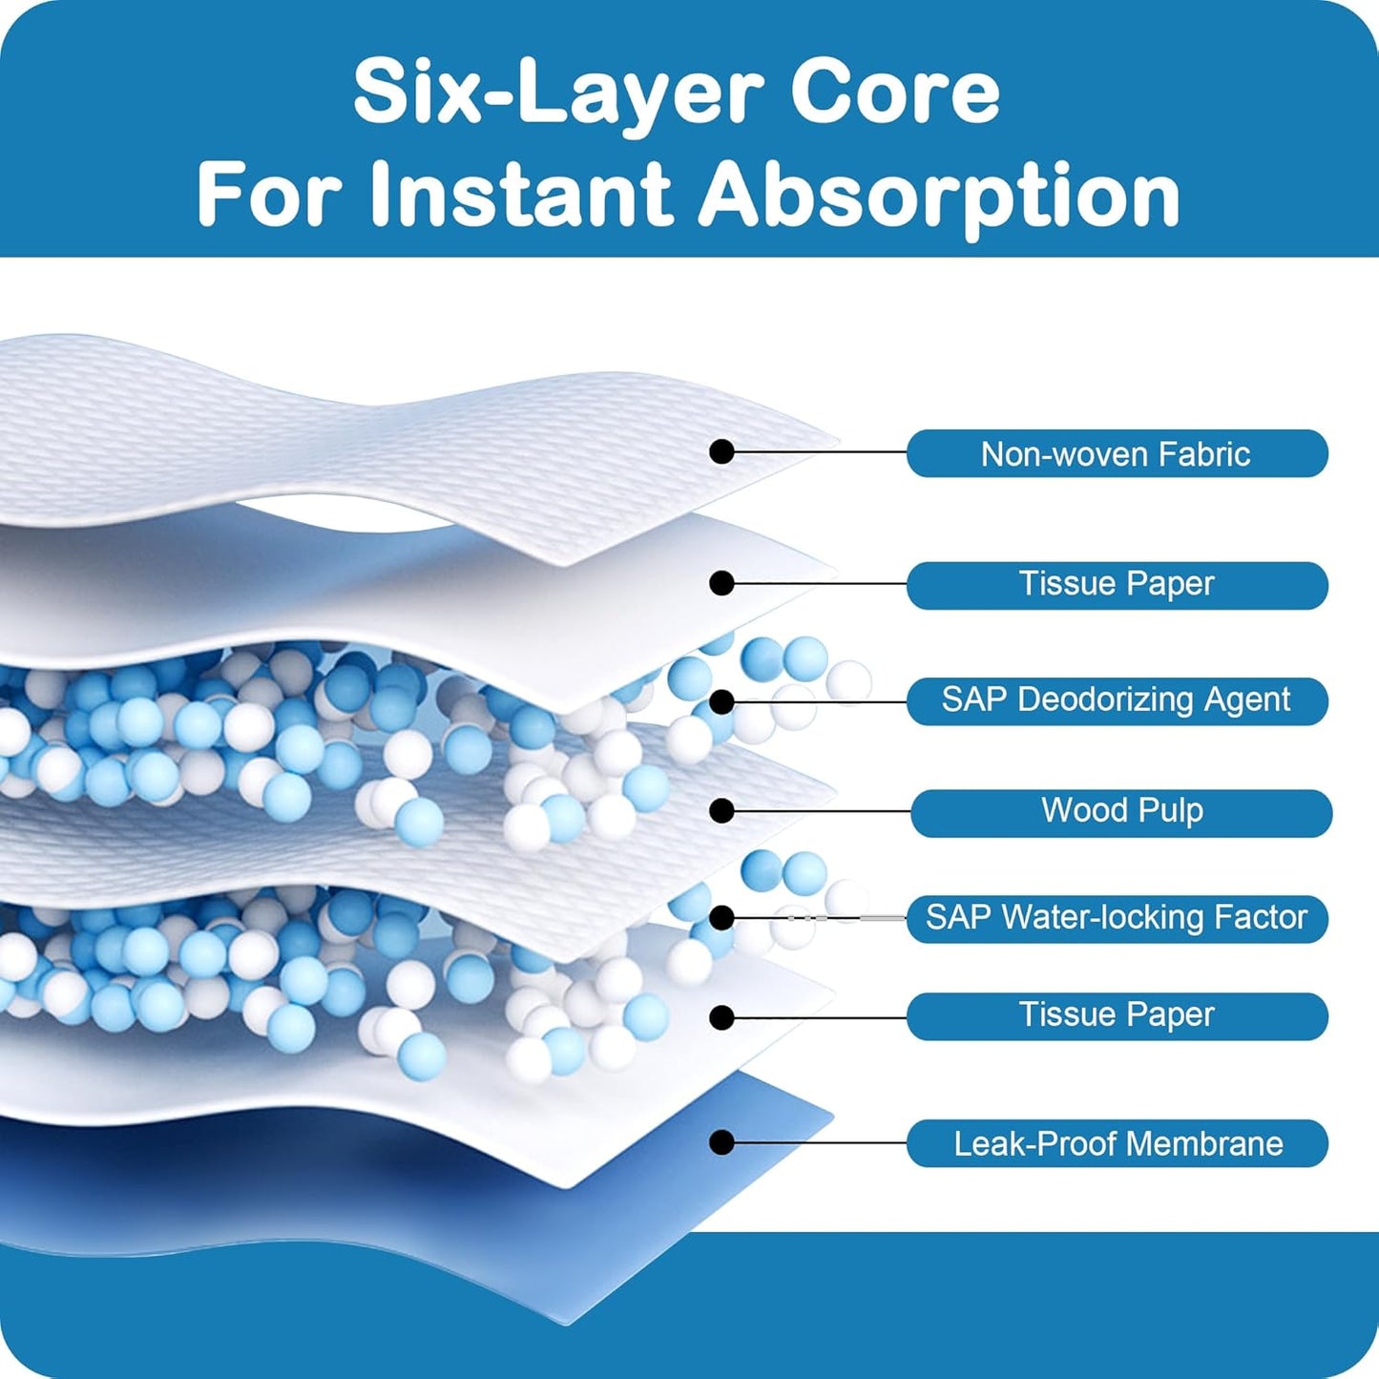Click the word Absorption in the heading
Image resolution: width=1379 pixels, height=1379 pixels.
coord(939,197)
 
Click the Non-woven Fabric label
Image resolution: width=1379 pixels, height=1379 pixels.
coord(1117,453)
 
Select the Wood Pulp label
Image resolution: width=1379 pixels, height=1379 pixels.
coord(1121,812)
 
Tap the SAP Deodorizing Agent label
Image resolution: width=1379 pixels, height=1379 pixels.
coord(1117,700)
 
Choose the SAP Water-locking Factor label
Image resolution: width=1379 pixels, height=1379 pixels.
coord(1117,918)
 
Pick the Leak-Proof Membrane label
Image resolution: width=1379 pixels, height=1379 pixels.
coord(1117,1143)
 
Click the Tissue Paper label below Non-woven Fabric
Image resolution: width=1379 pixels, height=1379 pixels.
coord(1117,584)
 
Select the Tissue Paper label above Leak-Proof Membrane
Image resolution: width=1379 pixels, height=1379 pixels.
coord(1117,1015)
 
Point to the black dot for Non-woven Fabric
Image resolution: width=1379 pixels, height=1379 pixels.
coord(722,451)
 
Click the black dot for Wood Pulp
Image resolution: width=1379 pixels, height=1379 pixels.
coord(722,811)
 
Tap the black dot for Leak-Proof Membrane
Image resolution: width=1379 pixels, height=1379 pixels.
coord(722,1141)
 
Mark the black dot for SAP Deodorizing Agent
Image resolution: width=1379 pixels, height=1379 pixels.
coord(722,701)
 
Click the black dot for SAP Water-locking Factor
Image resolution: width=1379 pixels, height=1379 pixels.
coord(722,918)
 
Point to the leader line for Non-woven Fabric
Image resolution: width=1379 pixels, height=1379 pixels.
coord(821,451)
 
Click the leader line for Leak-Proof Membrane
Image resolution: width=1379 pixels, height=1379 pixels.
coord(821,1141)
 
